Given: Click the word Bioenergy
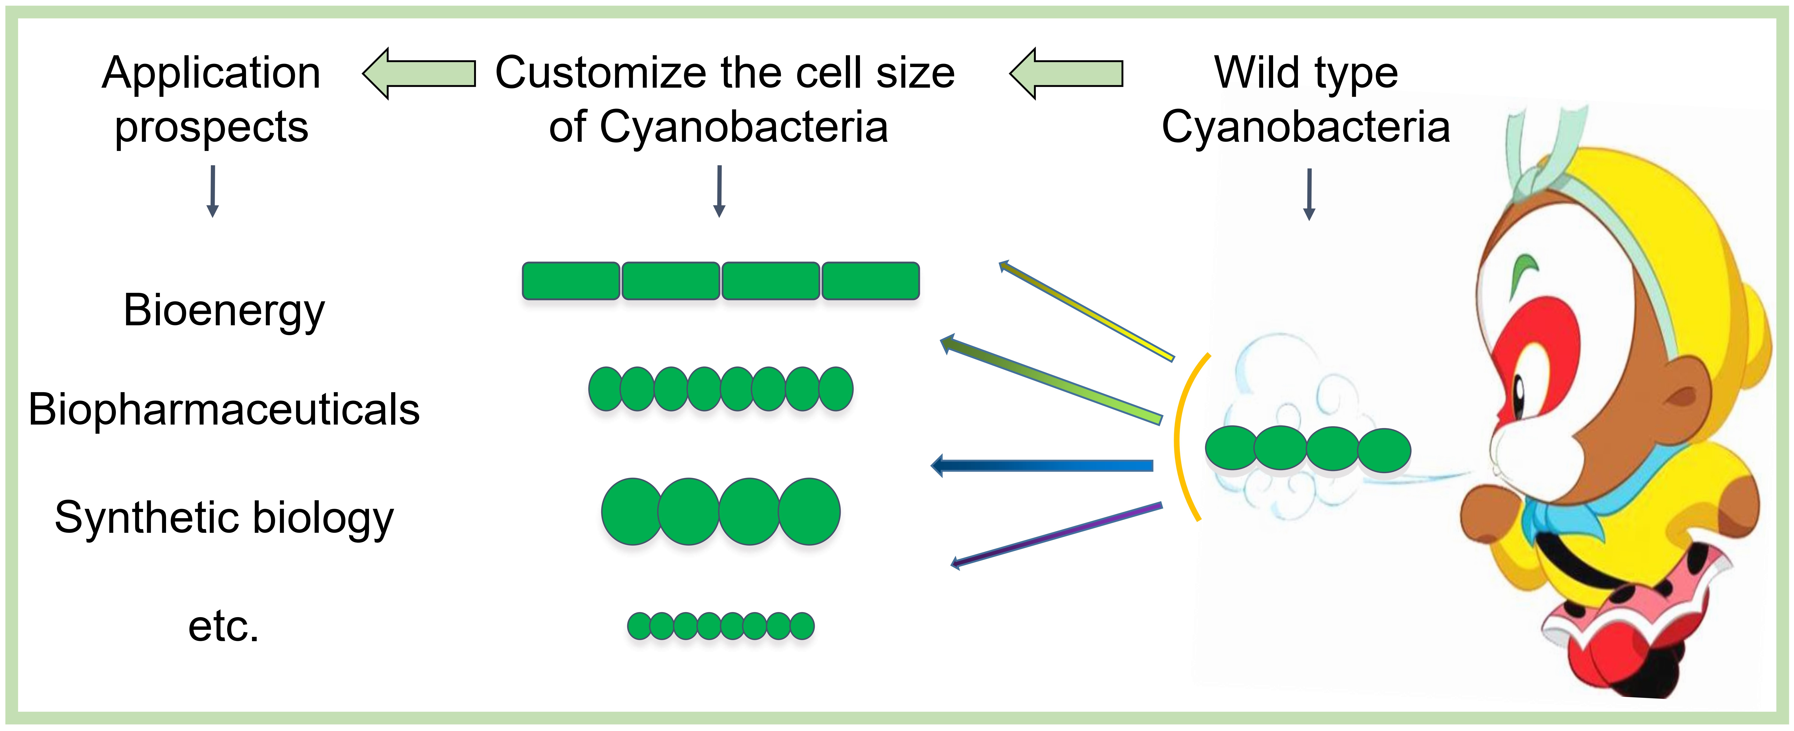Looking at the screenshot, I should [224, 310].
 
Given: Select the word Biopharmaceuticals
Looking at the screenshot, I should [224, 409].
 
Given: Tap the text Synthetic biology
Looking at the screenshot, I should [224, 518].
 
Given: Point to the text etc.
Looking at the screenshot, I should [224, 627].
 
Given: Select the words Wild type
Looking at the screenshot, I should [1306, 73].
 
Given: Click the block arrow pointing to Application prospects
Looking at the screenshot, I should [419, 73].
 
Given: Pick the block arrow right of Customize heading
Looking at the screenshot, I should [1065, 73].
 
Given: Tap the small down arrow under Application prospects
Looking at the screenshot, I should [213, 191].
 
